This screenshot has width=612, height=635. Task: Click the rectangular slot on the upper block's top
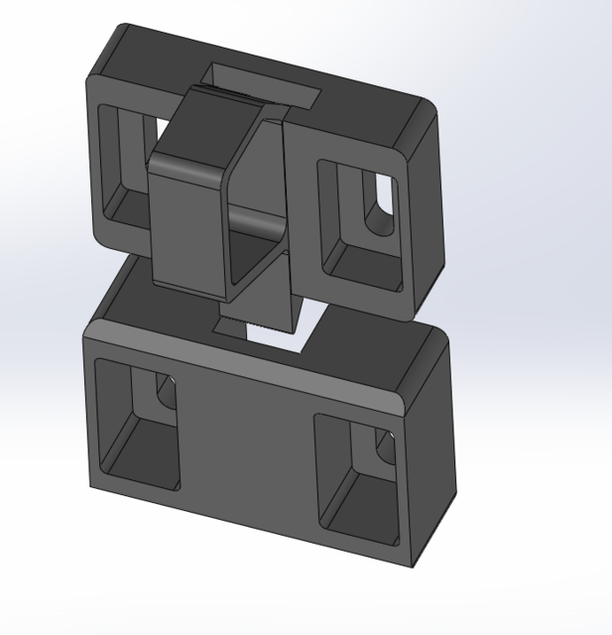pyautogui.click(x=261, y=81)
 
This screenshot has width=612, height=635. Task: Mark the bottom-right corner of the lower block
pyautogui.click(x=411, y=569)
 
